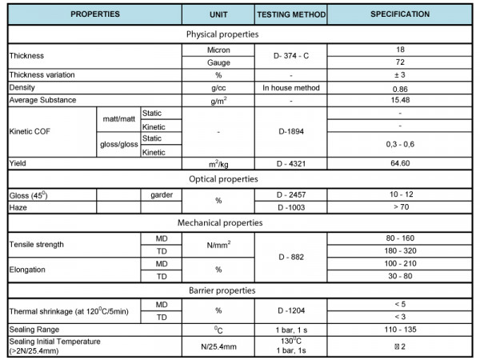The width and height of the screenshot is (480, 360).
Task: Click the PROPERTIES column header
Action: pos(94,14)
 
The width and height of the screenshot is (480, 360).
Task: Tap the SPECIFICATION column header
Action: pos(400,14)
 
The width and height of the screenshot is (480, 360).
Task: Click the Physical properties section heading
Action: pos(222,35)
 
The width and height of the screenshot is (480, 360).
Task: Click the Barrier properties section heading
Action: pos(222,290)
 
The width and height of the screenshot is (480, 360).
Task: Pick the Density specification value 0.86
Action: pos(400,87)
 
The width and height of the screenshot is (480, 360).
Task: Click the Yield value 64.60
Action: pos(400,163)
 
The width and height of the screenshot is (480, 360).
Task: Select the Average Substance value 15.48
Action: pos(400,100)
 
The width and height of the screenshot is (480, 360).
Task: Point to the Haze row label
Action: pos(18,207)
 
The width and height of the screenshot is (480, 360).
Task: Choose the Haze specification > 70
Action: pos(400,207)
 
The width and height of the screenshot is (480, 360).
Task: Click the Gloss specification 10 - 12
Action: pos(400,194)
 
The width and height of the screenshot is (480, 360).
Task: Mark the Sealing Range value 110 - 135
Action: pos(400,329)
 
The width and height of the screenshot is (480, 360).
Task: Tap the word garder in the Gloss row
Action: pos(161,194)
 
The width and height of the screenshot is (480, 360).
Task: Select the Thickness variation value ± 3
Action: pos(400,74)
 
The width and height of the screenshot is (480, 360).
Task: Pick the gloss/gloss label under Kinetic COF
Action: pos(118,145)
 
